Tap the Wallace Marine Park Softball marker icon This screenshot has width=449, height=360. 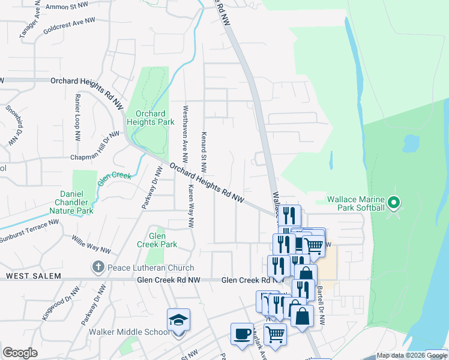[394, 203]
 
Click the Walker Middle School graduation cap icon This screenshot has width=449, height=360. [179, 320]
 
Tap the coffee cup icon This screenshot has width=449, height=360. [242, 334]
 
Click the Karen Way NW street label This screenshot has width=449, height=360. [191, 206]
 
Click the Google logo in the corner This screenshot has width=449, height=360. [20, 353]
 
